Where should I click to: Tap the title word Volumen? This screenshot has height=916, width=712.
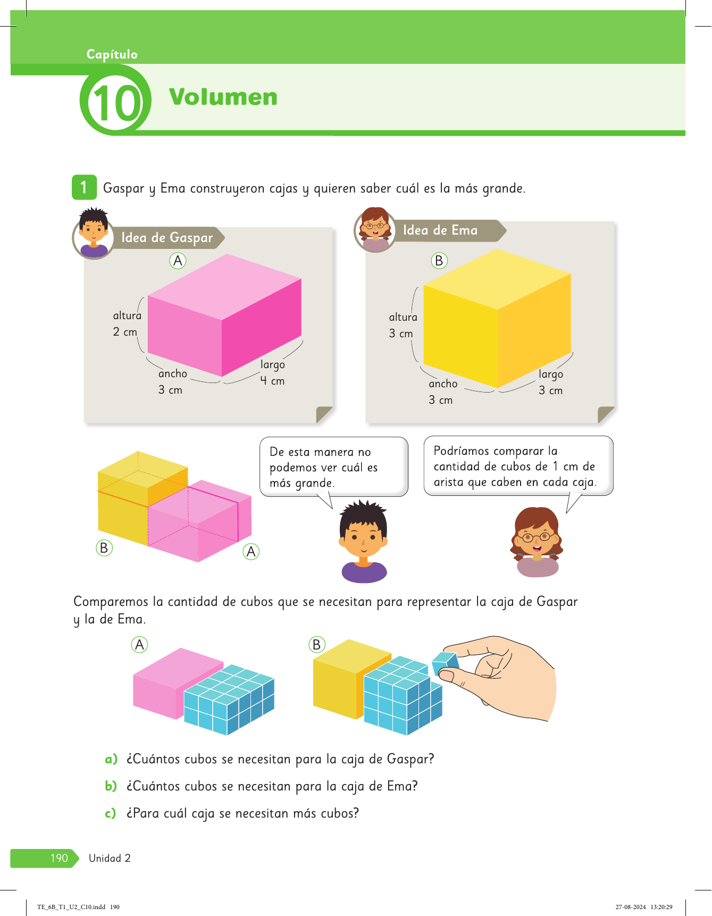pyautogui.click(x=223, y=97)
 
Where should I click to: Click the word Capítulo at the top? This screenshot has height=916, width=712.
pyautogui.click(x=112, y=54)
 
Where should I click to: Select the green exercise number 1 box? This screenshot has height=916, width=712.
pyautogui.click(x=84, y=187)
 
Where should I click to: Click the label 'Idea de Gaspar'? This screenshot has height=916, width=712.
pyautogui.click(x=167, y=238)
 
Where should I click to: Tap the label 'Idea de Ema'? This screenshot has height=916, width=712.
pyautogui.click(x=440, y=230)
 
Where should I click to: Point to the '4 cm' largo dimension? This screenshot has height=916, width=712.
pyautogui.click(x=272, y=381)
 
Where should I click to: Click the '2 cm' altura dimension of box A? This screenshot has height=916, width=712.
pyautogui.click(x=125, y=332)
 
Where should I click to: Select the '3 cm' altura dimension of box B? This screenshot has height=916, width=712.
pyautogui.click(x=401, y=334)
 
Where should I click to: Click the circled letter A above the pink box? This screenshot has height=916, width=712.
pyautogui.click(x=178, y=261)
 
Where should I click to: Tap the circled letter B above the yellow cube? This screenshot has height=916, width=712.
pyautogui.click(x=439, y=261)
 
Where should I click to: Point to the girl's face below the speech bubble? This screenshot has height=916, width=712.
pyautogui.click(x=537, y=534)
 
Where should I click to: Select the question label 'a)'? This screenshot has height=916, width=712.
pyautogui.click(x=111, y=759)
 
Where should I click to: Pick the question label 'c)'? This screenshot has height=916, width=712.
pyautogui.click(x=111, y=813)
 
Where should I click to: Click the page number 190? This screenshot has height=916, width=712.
pyautogui.click(x=59, y=858)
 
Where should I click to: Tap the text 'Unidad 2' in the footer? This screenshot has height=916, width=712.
pyautogui.click(x=110, y=858)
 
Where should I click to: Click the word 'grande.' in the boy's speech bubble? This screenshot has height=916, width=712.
pyautogui.click(x=315, y=484)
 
